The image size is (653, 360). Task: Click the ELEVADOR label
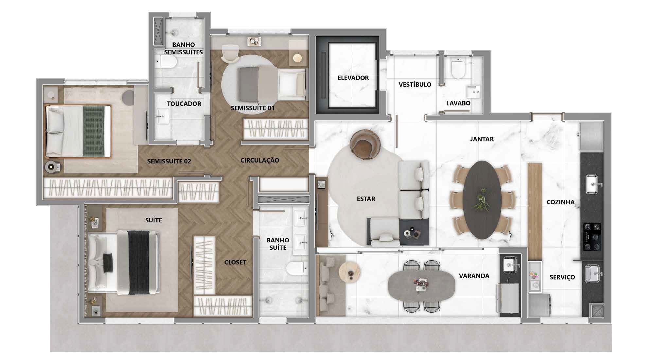(353, 78)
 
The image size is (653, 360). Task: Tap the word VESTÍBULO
(415, 84)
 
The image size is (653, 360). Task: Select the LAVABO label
(458, 103)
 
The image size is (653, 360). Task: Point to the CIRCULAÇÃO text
(260, 160)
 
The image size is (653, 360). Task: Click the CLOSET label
(235, 262)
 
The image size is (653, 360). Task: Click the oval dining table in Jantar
(482, 199)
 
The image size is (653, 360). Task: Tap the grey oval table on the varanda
(421, 285)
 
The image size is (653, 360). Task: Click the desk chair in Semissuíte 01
(230, 54)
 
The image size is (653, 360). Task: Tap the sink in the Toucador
(161, 116)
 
